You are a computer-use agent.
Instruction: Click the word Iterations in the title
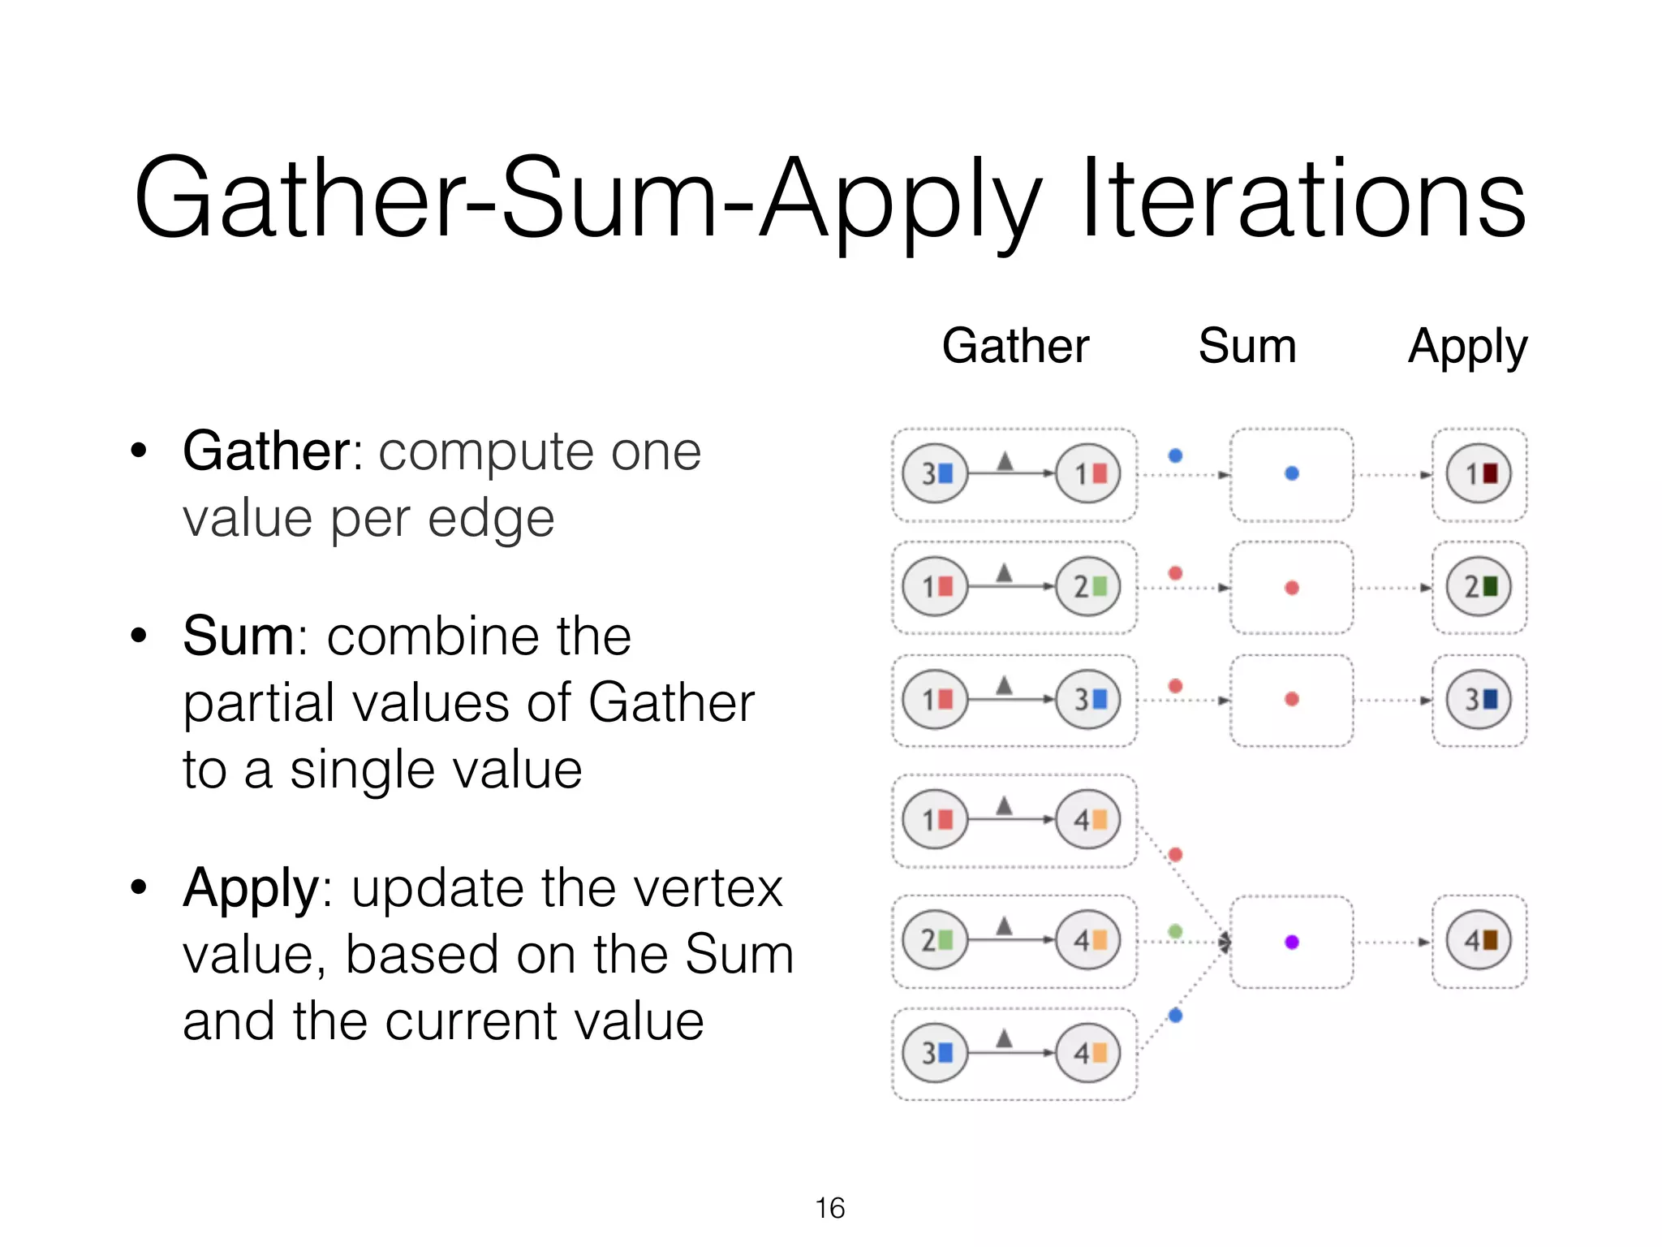point(1302,199)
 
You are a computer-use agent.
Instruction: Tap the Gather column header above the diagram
point(1014,346)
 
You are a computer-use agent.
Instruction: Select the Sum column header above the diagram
point(1246,346)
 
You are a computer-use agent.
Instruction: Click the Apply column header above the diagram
point(1466,347)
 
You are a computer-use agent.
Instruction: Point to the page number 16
point(829,1208)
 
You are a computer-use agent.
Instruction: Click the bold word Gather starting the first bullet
point(266,451)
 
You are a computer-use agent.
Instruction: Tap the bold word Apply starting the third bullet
point(251,888)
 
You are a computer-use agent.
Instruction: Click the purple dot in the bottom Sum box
point(1292,942)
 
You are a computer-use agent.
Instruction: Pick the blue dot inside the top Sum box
point(1292,473)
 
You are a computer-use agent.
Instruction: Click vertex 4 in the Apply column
point(1479,941)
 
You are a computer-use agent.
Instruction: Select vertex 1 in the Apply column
point(1479,474)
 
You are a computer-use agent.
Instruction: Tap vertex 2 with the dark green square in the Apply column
point(1479,587)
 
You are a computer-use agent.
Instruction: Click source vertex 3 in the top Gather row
point(935,474)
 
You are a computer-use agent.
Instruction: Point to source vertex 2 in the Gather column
point(935,941)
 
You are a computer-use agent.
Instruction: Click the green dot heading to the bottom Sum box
point(1175,931)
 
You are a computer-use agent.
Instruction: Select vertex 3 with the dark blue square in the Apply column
point(1479,700)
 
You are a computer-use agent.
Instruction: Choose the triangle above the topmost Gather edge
point(1005,461)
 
